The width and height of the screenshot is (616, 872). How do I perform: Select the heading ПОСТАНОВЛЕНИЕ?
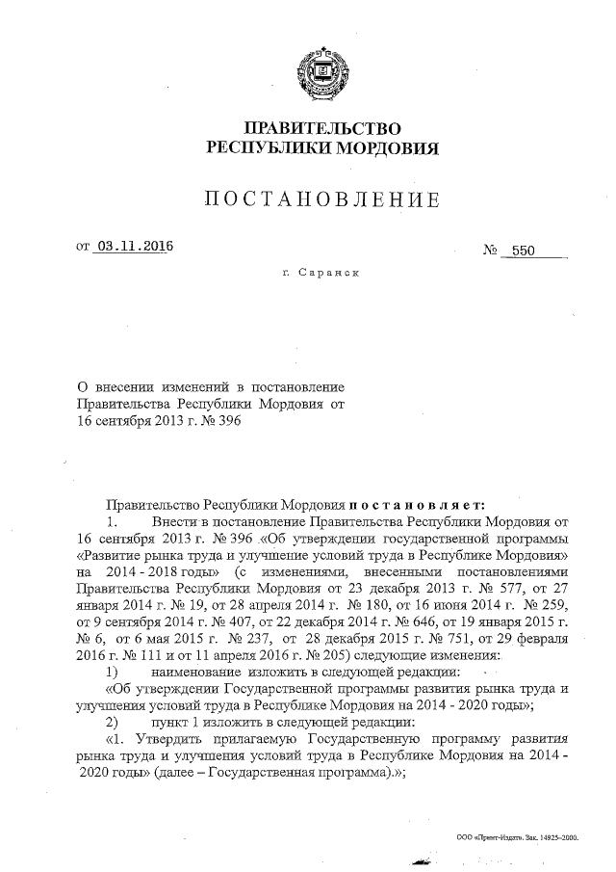click(x=322, y=199)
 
